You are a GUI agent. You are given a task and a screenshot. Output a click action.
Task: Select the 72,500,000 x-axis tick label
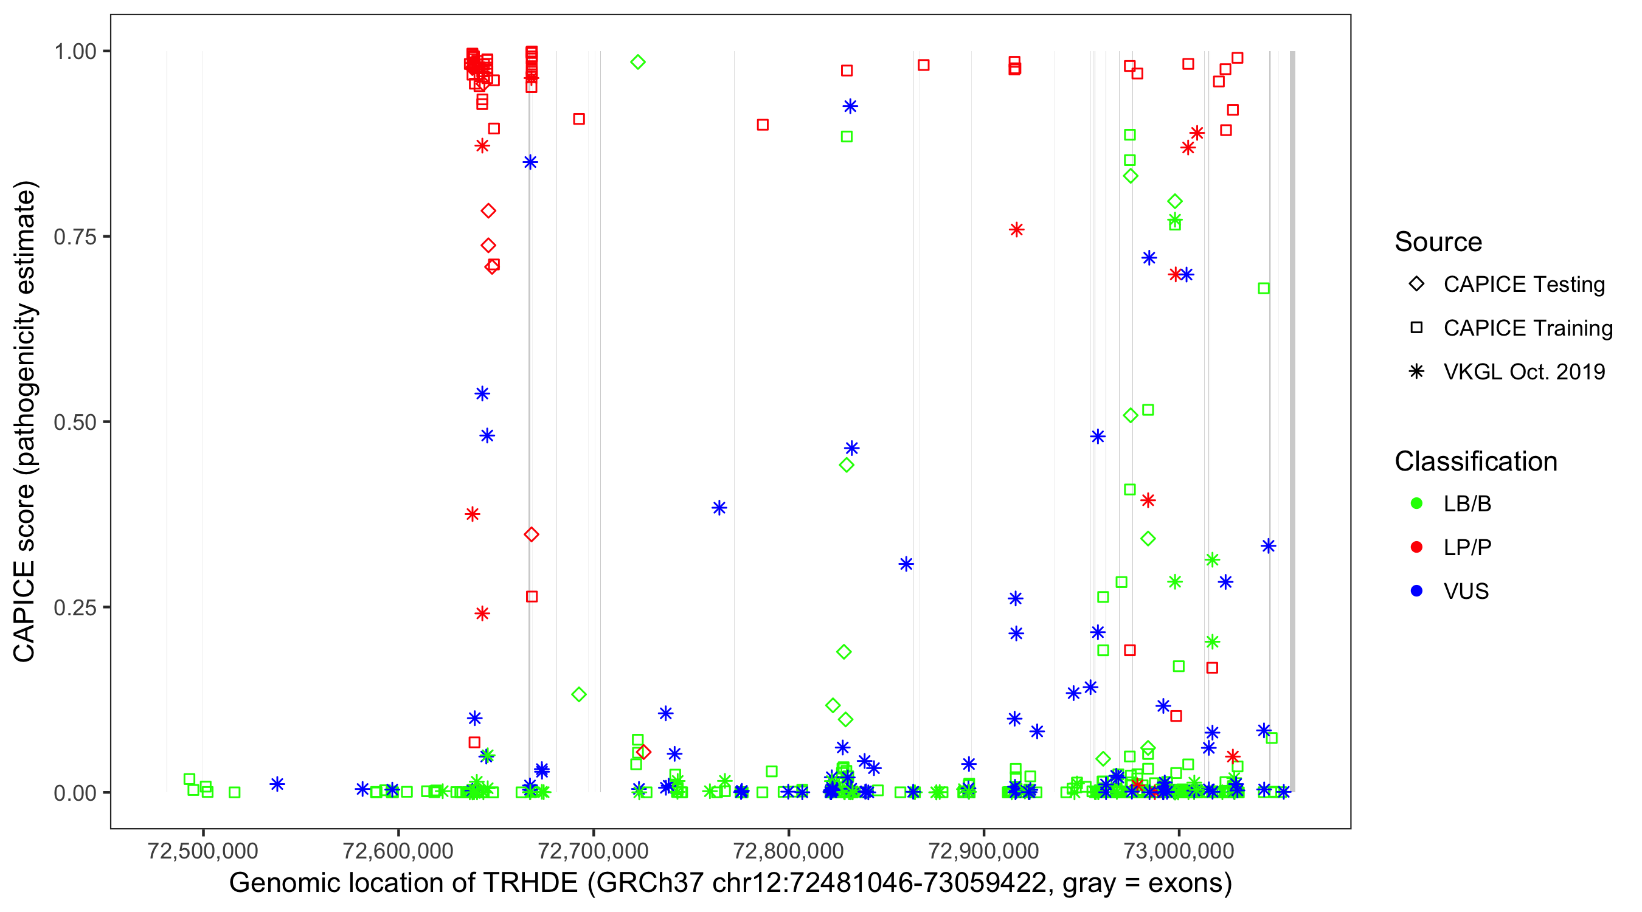click(203, 851)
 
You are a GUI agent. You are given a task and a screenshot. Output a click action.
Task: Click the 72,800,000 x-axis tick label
click(789, 851)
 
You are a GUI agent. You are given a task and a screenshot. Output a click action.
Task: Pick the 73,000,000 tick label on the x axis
click(1179, 851)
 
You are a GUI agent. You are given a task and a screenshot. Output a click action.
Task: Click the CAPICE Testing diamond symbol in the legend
click(1416, 285)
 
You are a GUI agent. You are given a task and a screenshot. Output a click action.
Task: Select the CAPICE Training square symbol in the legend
click(1416, 328)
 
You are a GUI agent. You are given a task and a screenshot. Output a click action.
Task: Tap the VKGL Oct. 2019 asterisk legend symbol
click(1416, 371)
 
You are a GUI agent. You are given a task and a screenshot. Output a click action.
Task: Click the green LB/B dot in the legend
click(1416, 503)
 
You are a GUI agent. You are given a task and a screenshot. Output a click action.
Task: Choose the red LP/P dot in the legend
click(1416, 547)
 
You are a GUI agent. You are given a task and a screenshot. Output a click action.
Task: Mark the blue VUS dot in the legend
click(1416, 591)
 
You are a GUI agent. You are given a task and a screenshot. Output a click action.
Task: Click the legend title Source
click(1438, 242)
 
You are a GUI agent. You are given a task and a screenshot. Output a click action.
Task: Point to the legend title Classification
click(1475, 461)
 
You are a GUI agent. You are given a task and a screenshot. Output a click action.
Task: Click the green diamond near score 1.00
click(637, 62)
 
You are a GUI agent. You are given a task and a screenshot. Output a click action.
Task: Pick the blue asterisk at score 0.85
click(530, 162)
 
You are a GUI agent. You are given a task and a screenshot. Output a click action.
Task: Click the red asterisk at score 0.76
click(1017, 229)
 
